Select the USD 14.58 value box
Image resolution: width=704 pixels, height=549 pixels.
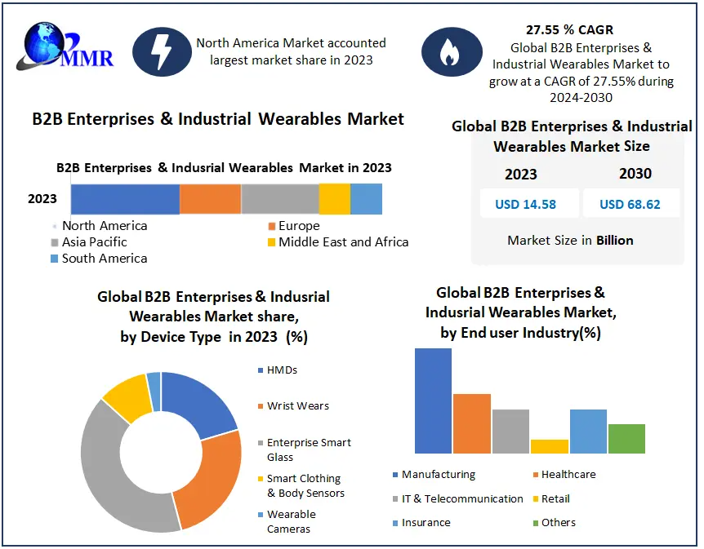(525, 204)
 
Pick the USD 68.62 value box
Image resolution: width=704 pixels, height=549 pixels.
(630, 204)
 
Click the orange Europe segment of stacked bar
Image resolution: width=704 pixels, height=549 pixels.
(210, 199)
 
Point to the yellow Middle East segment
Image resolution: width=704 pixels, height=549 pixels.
(334, 199)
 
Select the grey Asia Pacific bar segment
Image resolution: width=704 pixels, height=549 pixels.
(279, 199)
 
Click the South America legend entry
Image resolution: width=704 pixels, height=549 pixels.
(98, 259)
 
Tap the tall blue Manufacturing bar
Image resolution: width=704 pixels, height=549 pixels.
(433, 400)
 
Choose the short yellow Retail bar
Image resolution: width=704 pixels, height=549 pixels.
(549, 446)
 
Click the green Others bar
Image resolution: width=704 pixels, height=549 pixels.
(626, 438)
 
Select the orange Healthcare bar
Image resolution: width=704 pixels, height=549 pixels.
(471, 423)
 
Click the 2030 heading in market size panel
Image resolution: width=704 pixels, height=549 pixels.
(635, 173)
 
